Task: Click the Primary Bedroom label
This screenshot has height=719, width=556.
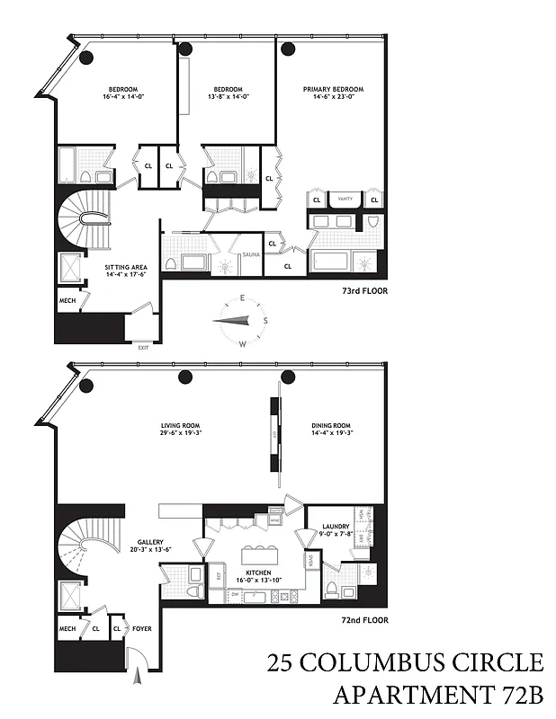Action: [x=333, y=90]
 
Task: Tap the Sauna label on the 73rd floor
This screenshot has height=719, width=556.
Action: [x=251, y=255]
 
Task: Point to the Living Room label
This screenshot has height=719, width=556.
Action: [x=180, y=425]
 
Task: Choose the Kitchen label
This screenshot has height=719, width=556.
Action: [x=259, y=572]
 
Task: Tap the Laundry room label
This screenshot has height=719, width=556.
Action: [x=334, y=527]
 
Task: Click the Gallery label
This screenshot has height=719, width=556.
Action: [x=149, y=543]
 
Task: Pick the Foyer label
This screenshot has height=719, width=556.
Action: [x=142, y=629]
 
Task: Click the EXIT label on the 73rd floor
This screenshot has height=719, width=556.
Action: [x=143, y=346]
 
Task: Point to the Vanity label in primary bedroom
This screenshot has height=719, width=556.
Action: [x=345, y=198]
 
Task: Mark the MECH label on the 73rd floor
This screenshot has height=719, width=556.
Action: [x=67, y=300]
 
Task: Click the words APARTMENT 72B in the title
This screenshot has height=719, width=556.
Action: [x=438, y=695]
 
